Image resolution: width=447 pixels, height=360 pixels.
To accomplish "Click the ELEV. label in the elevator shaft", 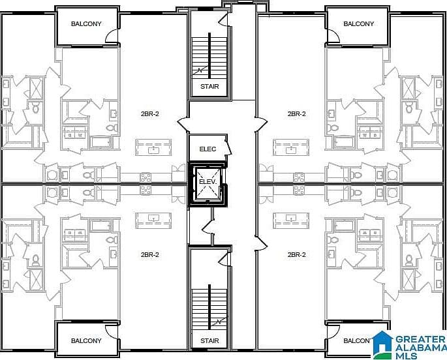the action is [208, 182].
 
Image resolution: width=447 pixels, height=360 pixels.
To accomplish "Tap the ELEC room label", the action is [208, 149].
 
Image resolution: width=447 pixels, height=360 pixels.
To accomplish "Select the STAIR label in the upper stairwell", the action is [209, 86].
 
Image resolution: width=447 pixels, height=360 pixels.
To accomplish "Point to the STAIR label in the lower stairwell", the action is [209, 340].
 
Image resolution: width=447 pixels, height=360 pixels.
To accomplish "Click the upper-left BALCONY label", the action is [86, 23].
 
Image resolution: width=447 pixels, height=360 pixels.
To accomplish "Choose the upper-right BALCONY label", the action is [358, 23].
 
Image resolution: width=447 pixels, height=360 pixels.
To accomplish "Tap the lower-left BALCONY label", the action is [86, 340].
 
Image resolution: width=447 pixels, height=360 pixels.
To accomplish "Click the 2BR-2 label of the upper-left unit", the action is [149, 113].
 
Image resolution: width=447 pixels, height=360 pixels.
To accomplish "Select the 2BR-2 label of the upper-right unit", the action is [296, 113].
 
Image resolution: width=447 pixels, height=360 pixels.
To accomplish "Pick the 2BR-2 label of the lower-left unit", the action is [149, 254].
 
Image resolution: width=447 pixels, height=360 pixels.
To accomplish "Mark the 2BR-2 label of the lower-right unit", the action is [296, 254].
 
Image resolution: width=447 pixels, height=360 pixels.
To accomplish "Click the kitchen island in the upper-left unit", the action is [153, 147].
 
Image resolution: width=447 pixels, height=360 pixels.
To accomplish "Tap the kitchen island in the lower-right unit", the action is [291, 220].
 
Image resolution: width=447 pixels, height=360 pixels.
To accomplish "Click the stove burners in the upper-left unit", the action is [146, 177].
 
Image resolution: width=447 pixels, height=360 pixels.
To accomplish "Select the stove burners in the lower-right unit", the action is [299, 190].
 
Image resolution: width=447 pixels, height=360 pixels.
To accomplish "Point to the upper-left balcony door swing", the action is [112, 36].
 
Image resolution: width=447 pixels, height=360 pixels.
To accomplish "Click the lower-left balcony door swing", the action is [112, 332].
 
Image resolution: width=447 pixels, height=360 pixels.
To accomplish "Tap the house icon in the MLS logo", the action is [382, 344].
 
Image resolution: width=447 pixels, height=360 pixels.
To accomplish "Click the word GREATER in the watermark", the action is [420, 340].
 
